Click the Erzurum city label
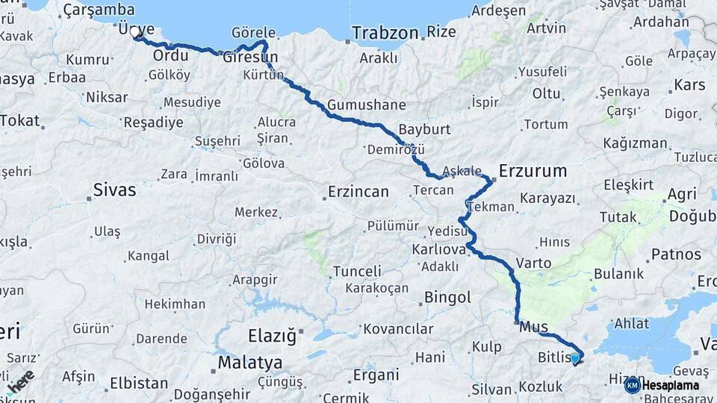coord(533,171)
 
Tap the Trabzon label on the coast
coord(385,33)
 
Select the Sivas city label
coord(114,190)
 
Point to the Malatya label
coord(249,363)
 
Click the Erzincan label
coord(358,192)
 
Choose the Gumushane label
coord(366,104)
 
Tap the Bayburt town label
coord(424,129)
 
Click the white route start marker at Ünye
coord(135,32)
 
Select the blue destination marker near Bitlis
coord(575,358)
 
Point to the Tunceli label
coord(356,271)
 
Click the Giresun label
coord(250,57)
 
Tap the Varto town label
coord(533,263)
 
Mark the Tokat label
coord(19,121)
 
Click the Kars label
coord(689,85)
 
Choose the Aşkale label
coord(462,171)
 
